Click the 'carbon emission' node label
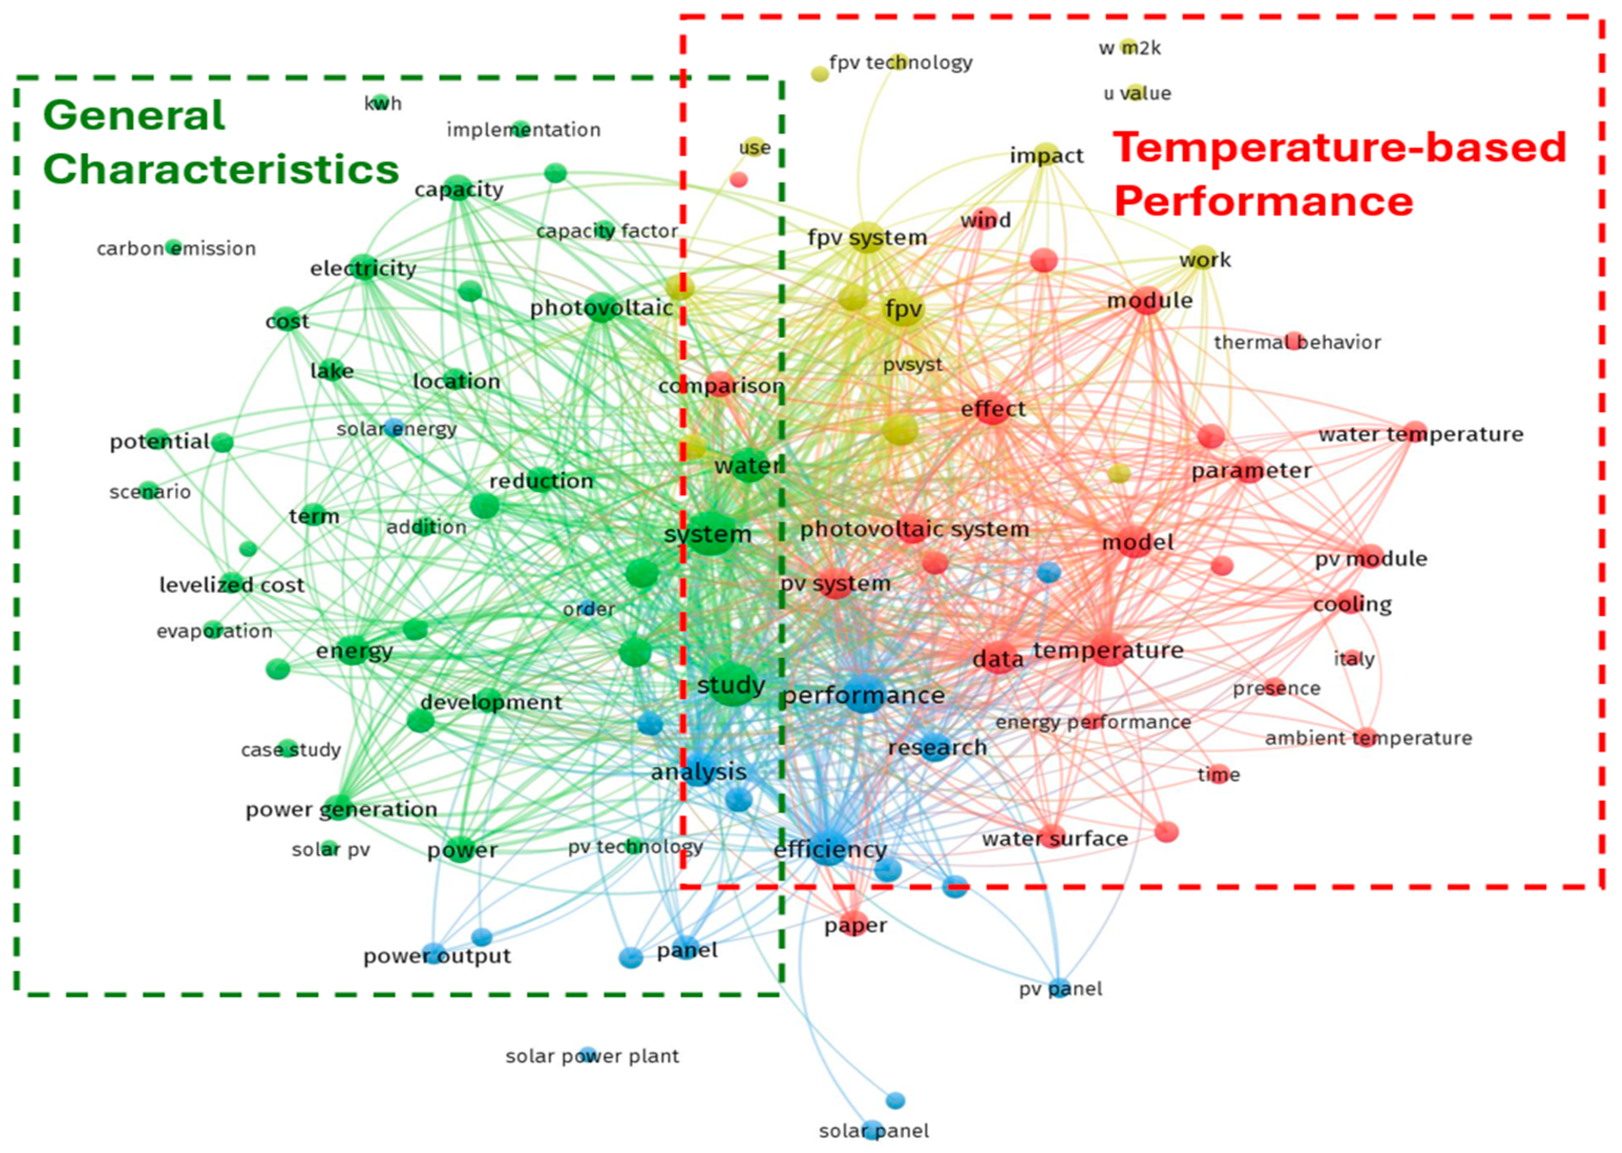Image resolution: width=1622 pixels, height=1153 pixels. (176, 248)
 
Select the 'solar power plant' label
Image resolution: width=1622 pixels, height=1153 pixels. (592, 1056)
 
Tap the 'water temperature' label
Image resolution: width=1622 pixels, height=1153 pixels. (1420, 434)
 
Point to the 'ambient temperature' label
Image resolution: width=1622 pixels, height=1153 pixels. (1368, 738)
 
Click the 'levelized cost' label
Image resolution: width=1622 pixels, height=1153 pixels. (231, 585)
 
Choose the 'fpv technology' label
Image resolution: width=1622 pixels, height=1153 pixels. (900, 62)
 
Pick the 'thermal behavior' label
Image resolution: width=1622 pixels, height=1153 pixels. (1297, 342)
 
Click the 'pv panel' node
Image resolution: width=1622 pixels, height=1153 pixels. (1059, 988)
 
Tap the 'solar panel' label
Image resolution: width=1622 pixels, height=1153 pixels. (873, 1131)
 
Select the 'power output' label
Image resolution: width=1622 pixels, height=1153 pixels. (437, 956)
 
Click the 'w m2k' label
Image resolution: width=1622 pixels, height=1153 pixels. (1129, 48)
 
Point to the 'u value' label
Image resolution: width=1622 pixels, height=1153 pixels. (1137, 93)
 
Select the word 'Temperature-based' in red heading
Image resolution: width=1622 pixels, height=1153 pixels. (1339, 147)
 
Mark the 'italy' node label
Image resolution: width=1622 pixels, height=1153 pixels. (1354, 659)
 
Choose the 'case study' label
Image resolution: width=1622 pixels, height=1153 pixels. (290, 750)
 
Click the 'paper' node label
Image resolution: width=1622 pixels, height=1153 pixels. (855, 926)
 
